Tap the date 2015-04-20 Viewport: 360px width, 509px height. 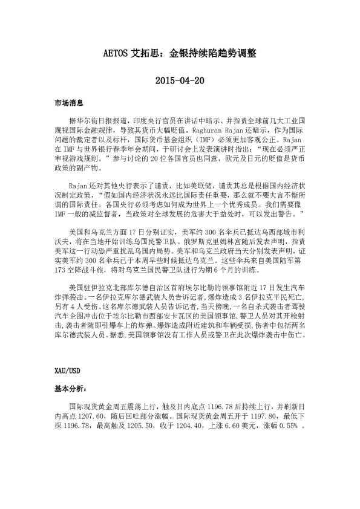180,80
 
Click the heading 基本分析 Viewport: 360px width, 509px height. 68,390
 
